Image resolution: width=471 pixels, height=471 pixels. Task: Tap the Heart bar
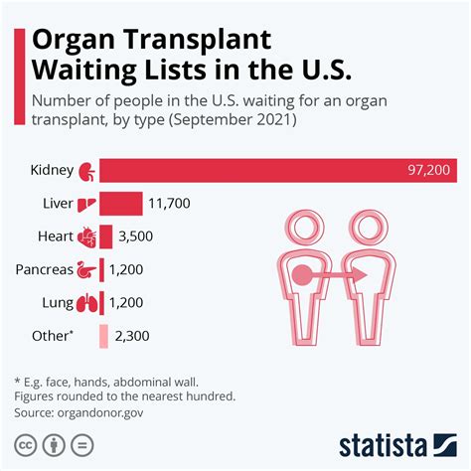(105, 237)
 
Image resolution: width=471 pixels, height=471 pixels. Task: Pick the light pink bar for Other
(103, 336)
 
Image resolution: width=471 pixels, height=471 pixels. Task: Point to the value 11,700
(169, 205)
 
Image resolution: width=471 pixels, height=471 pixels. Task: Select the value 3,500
(137, 237)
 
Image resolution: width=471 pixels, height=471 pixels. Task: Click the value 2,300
(132, 336)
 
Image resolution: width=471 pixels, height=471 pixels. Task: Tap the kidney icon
(87, 170)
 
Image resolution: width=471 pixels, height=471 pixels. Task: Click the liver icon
(87, 205)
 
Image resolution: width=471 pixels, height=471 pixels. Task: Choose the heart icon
(87, 237)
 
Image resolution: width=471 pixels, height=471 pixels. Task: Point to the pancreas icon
(87, 270)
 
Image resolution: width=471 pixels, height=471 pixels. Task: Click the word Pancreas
(44, 270)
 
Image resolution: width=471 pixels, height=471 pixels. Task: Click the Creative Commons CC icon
(21, 442)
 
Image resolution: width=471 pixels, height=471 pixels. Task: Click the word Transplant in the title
(199, 42)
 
